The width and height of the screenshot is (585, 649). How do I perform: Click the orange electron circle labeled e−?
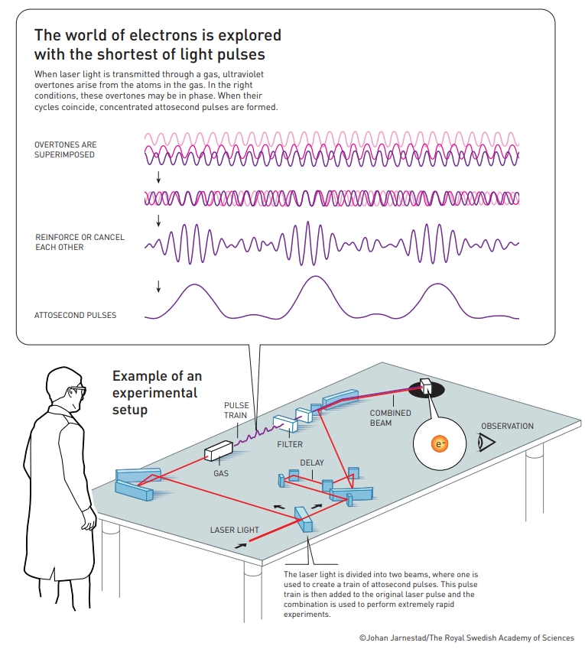[x=440, y=444]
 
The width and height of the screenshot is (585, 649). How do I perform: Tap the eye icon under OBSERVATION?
[x=486, y=442]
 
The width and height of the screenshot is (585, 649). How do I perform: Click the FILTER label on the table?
[x=290, y=444]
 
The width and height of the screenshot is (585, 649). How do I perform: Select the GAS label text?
[x=221, y=473]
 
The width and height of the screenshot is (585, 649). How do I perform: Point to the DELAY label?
[x=312, y=462]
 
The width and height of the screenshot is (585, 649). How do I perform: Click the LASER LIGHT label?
[x=234, y=530]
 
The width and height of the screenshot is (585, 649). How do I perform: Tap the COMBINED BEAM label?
[x=390, y=417]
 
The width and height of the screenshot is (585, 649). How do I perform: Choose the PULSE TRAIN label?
[x=236, y=410]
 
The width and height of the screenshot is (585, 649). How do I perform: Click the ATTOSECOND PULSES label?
[x=76, y=315]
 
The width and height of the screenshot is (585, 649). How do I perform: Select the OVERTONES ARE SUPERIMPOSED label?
[x=66, y=149]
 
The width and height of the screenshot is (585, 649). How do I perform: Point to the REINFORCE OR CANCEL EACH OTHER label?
[x=80, y=242]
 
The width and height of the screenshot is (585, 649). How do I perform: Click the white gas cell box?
[x=219, y=450]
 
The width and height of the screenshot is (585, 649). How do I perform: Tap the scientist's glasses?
[x=78, y=390]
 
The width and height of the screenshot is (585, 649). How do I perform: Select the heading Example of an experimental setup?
[x=157, y=392]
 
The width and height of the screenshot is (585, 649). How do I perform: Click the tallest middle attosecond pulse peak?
[x=316, y=277]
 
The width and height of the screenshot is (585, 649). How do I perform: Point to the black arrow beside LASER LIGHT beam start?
[x=241, y=546]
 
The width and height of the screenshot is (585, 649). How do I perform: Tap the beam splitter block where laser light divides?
[x=304, y=519]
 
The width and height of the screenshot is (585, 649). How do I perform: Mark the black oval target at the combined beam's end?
[x=427, y=389]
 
